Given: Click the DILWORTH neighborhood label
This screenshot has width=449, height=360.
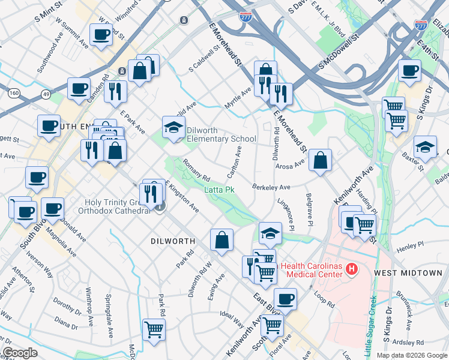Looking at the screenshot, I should pyautogui.click(x=172, y=241).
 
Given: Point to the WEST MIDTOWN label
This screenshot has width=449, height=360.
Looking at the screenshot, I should pyautogui.click(x=408, y=273).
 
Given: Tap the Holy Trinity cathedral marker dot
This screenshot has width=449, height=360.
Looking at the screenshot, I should pyautogui.click(x=160, y=208).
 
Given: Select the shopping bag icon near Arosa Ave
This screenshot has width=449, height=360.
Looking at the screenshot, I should pyautogui.click(x=321, y=160).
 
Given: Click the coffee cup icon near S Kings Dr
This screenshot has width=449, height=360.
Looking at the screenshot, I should pyautogui.click(x=410, y=70).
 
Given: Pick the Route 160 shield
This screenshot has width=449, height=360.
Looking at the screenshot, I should pyautogui.click(x=13, y=92).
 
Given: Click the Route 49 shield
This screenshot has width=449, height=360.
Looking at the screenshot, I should pyautogui.click(x=46, y=94).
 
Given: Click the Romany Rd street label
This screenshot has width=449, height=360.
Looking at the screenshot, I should pyautogui.click(x=196, y=170).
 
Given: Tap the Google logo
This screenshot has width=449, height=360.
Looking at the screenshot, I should pyautogui.click(x=20, y=353).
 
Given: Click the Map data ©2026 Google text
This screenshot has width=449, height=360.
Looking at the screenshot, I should pyautogui.click(x=411, y=355).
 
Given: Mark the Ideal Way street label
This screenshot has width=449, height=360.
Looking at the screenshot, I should pyautogui.click(x=232, y=319).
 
